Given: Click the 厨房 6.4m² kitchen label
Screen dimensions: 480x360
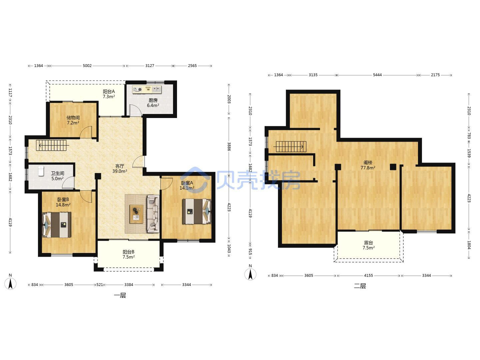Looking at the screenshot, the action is pyautogui.click(x=153, y=103).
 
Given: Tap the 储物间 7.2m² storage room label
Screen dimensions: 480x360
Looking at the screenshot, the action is pyautogui.click(x=73, y=120).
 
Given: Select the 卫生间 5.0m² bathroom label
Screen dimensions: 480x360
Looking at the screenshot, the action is pyautogui.click(x=58, y=176).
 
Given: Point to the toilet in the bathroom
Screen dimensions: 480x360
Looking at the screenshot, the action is pyautogui.click(x=41, y=171).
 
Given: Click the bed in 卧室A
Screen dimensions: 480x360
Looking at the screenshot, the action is pyautogui.click(x=197, y=211).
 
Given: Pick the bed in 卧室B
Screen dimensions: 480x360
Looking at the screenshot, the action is pyautogui.click(x=57, y=225).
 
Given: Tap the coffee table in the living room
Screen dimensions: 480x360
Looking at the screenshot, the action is pyautogui.click(x=136, y=214).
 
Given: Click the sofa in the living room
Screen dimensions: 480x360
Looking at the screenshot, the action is pyautogui.click(x=153, y=214).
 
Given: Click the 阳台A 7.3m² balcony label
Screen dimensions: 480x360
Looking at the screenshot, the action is pyautogui.click(x=109, y=94).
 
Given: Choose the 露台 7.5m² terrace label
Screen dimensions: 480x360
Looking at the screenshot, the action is pyautogui.click(x=368, y=245).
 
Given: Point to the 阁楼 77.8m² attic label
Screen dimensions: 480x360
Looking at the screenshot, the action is pyautogui.click(x=368, y=165).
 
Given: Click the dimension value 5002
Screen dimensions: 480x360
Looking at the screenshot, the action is pyautogui.click(x=87, y=66).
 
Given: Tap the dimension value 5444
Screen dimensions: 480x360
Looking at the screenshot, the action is pyautogui.click(x=377, y=75).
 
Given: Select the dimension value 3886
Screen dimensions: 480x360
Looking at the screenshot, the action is pyautogui.click(x=229, y=147).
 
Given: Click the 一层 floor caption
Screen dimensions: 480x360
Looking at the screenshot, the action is pyautogui.click(x=120, y=296).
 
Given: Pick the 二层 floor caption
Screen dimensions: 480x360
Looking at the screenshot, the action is pyautogui.click(x=360, y=286).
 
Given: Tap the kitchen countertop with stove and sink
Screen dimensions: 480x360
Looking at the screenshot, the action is pyautogui.click(x=147, y=89).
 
